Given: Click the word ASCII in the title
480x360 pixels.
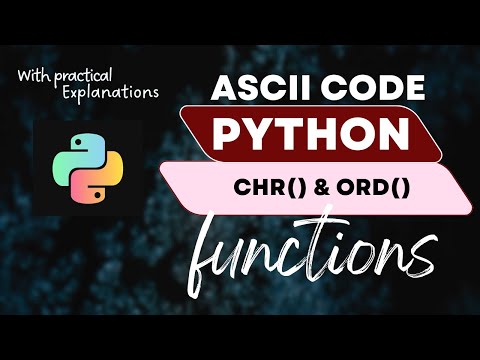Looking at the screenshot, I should pos(255,90).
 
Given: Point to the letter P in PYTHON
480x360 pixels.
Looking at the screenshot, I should pos(232,134).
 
